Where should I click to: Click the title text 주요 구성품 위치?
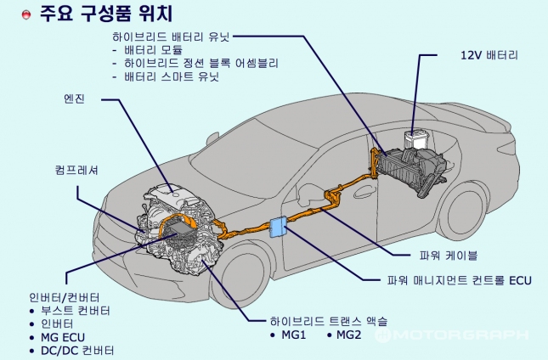(106, 14)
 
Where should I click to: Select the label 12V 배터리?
(489, 54)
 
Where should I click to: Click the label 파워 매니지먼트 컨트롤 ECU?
(460, 279)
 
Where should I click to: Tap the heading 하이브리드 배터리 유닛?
(171, 37)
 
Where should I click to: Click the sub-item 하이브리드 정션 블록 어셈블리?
(201, 64)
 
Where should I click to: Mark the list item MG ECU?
(65, 337)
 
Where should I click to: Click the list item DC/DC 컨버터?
(77, 350)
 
